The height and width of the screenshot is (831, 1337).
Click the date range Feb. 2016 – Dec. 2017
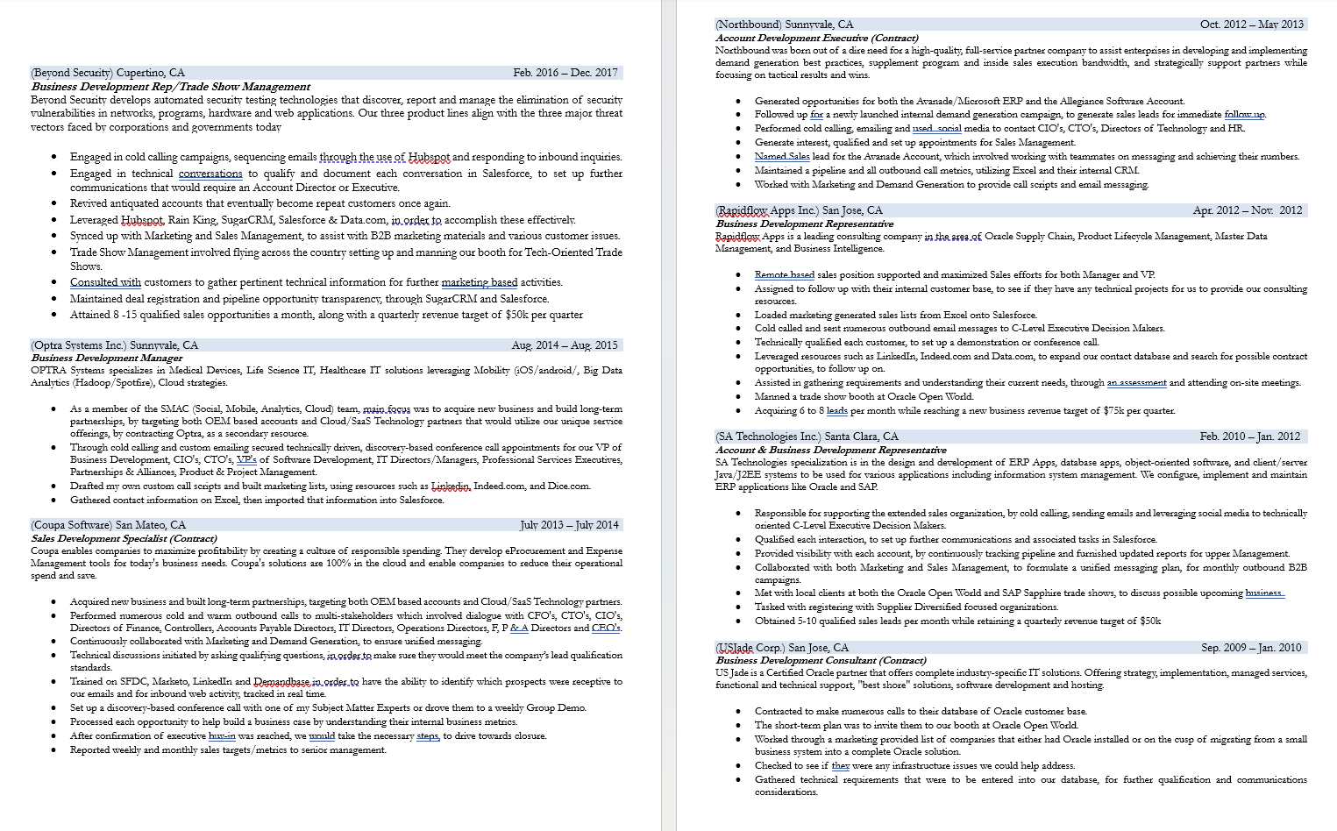(565, 73)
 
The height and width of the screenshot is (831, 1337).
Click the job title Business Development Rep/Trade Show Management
(171, 87)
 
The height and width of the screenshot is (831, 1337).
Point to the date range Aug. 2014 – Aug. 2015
(565, 345)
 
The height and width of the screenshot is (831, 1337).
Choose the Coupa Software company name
(72, 525)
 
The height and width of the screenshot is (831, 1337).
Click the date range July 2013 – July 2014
(569, 525)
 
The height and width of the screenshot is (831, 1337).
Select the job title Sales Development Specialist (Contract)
(124, 538)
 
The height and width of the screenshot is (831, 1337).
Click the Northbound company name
(748, 25)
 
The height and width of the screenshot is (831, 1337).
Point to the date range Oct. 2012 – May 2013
(1251, 25)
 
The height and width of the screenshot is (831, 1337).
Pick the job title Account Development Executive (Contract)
(817, 38)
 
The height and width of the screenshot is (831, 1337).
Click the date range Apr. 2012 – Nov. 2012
(1248, 210)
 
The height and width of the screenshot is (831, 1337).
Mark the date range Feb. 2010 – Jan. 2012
(1250, 437)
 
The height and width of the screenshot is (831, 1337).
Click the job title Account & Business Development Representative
(831, 450)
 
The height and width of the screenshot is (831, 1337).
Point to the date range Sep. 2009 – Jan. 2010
(1251, 648)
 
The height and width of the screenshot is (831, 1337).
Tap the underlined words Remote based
(785, 274)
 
